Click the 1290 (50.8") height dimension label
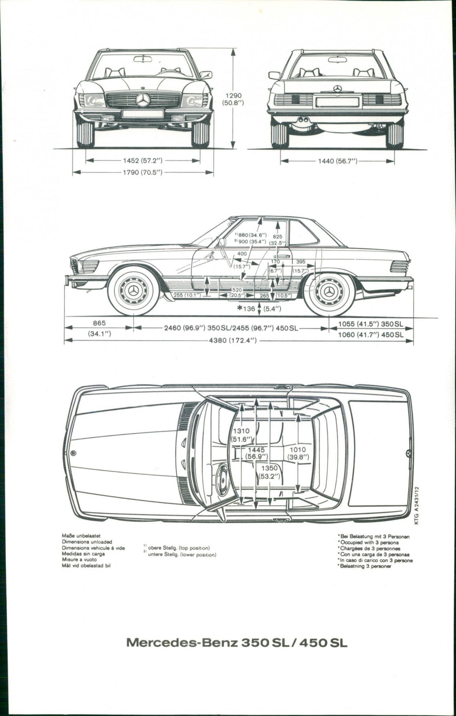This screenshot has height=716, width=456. [232, 99]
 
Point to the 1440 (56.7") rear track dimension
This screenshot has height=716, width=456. [338, 161]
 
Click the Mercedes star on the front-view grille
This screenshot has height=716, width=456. [143, 100]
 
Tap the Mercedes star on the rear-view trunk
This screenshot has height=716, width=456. [338, 89]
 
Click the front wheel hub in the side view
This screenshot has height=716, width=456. [133, 291]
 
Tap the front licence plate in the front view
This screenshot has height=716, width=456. [142, 114]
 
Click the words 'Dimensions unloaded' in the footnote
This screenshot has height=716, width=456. [87, 542]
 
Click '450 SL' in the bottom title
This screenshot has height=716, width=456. [324, 643]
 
